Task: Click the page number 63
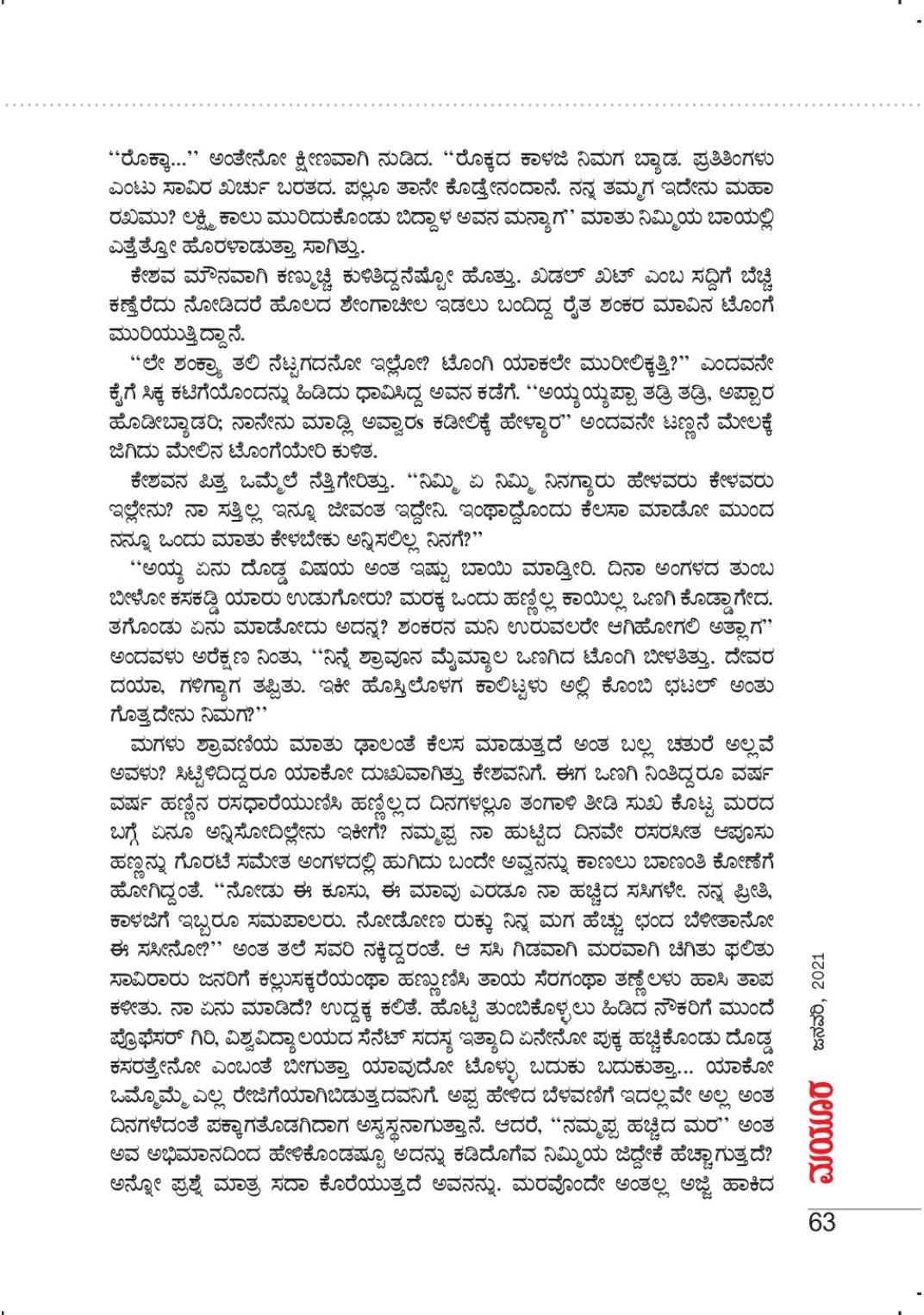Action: pos(822,1222)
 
